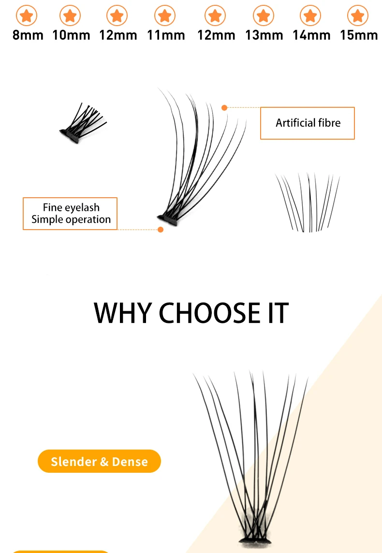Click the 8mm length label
pyautogui.click(x=28, y=35)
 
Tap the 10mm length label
pyautogui.click(x=71, y=35)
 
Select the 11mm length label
pyautogui.click(x=166, y=35)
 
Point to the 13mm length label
pyautogui.click(x=264, y=35)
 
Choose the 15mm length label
pyautogui.click(x=359, y=35)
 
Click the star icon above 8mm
pyautogui.click(x=27, y=15)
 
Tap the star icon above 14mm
pyautogui.click(x=310, y=15)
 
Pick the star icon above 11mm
pyautogui.click(x=165, y=15)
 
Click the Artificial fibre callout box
pyautogui.click(x=307, y=123)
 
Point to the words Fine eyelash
pyautogui.click(x=71, y=207)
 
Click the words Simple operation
pyautogui.click(x=71, y=219)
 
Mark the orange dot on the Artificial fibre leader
pyautogui.click(x=224, y=108)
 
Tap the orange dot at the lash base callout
pyautogui.click(x=161, y=230)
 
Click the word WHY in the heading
pyautogui.click(x=123, y=313)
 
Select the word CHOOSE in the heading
pyautogui.click(x=209, y=313)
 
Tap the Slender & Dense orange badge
pyautogui.click(x=99, y=461)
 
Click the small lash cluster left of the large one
pyautogui.click(x=83, y=123)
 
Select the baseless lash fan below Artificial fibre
pyautogui.click(x=308, y=202)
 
